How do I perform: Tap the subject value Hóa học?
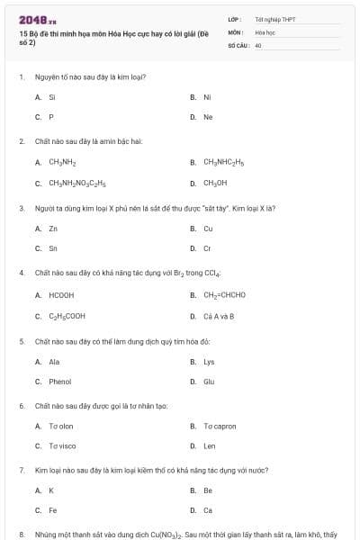(264, 31)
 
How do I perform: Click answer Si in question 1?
(52, 96)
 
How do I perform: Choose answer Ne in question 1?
(208, 117)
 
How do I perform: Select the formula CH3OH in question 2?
(215, 183)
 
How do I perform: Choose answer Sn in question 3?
(53, 248)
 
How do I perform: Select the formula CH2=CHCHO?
(224, 294)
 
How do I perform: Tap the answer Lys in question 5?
(209, 362)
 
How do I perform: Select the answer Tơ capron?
(220, 426)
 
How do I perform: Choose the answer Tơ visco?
(62, 445)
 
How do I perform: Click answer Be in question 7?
(208, 490)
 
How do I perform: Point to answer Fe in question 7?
(52, 510)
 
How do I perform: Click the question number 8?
(22, 534)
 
